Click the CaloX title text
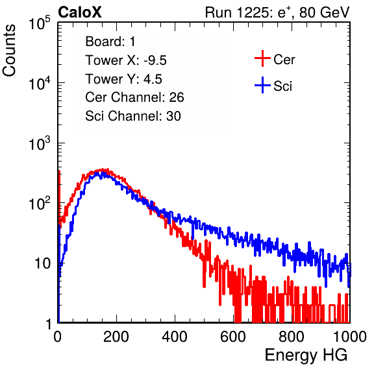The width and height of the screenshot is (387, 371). click(x=80, y=12)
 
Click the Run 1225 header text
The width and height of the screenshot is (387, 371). click(x=277, y=12)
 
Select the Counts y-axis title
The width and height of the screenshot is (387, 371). click(x=9, y=51)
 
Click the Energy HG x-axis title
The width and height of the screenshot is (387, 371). click(x=306, y=355)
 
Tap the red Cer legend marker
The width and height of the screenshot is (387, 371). click(x=262, y=58)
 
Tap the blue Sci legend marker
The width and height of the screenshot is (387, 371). click(x=262, y=85)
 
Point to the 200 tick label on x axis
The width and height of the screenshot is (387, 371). click(x=116, y=337)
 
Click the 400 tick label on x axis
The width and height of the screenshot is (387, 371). click(x=175, y=337)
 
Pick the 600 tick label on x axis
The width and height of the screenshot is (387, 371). click(x=233, y=337)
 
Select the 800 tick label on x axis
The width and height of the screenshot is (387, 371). click(x=292, y=337)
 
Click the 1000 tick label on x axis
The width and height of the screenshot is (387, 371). click(x=350, y=337)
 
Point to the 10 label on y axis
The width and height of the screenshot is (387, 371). click(x=43, y=263)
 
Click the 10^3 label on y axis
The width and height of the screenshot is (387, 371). click(x=40, y=143)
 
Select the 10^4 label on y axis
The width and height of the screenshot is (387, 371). click(x=40, y=83)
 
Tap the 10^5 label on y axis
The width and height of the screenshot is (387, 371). click(x=40, y=23)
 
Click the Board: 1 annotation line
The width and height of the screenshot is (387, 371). click(x=110, y=42)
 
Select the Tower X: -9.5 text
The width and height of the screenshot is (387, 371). click(x=126, y=60)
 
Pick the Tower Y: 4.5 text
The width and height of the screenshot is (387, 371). click(x=123, y=79)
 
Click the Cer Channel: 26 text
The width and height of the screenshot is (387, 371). click(x=134, y=97)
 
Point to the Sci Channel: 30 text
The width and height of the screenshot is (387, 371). click(x=133, y=116)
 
